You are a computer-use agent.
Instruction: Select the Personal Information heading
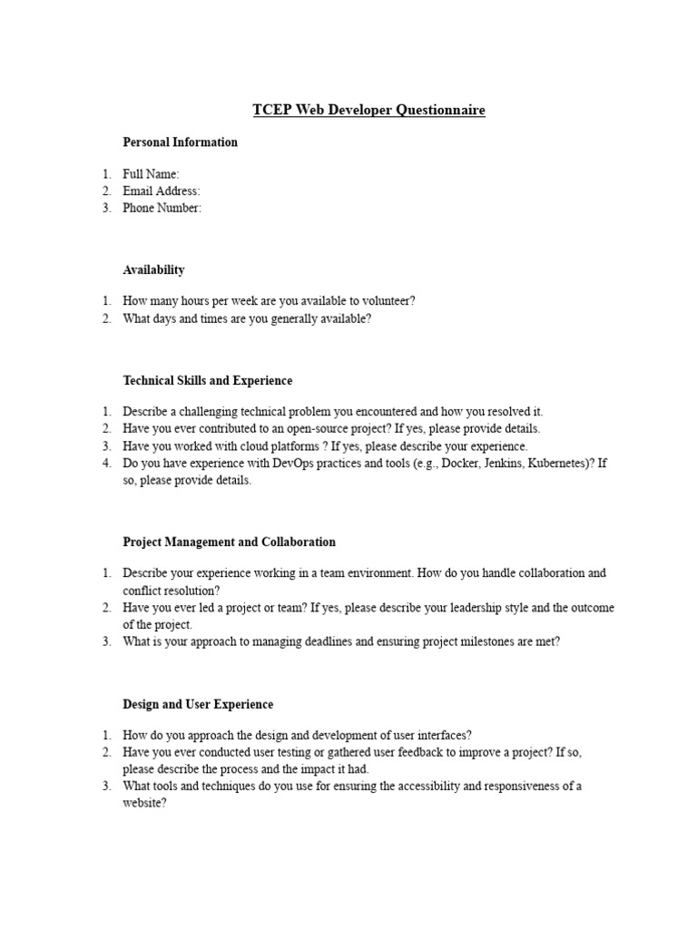(x=181, y=142)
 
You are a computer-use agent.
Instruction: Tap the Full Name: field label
(x=152, y=174)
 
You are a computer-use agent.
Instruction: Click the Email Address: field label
(x=162, y=191)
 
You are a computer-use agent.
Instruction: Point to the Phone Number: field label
(x=162, y=208)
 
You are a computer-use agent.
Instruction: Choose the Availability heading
(x=154, y=269)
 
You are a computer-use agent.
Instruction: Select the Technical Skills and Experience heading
(x=208, y=381)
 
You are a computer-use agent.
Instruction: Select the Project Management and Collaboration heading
(x=230, y=543)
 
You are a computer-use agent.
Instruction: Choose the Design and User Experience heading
(x=198, y=704)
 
